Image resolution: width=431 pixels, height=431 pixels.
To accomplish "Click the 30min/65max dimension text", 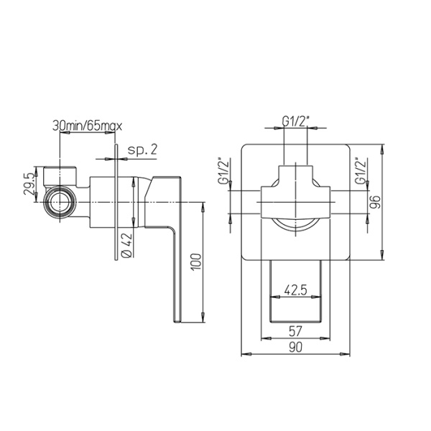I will coord(88,126).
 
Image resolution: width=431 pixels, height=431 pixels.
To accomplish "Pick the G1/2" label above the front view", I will coord(296,122).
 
